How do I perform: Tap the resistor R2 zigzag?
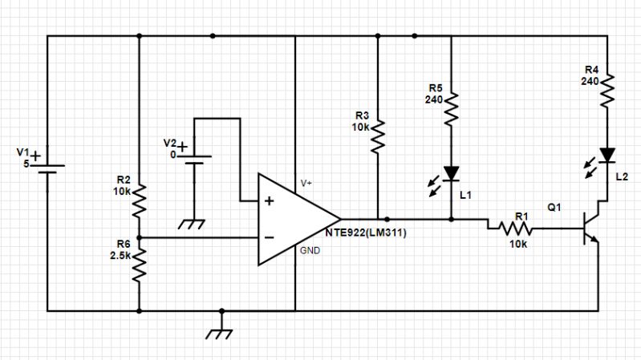(x=140, y=200)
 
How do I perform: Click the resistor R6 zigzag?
(x=140, y=263)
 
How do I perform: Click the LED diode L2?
(x=607, y=154)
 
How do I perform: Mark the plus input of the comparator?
(x=269, y=200)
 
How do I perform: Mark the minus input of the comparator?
(x=269, y=237)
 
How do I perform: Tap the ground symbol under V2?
(x=193, y=224)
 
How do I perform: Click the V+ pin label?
(x=307, y=183)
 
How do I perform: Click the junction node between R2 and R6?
(x=140, y=237)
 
